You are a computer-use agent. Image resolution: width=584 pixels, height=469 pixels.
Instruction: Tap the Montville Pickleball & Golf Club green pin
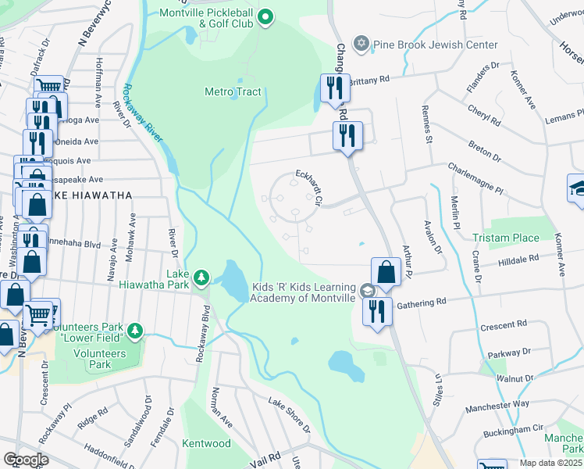pyautogui.click(x=265, y=16)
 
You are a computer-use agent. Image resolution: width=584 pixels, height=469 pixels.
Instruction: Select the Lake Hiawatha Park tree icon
pyautogui.click(x=201, y=277)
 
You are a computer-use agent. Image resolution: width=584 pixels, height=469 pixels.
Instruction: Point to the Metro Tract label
pyautogui.click(x=232, y=91)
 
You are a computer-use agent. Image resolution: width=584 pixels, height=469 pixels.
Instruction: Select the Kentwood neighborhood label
pyautogui.click(x=207, y=443)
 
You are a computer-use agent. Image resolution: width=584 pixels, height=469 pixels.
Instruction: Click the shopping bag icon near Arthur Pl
pyautogui.click(x=386, y=272)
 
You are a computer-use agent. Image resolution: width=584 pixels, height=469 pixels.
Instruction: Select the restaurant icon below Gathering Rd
pyautogui.click(x=378, y=311)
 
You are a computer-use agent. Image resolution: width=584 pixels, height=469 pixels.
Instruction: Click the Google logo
pyautogui.click(x=25, y=460)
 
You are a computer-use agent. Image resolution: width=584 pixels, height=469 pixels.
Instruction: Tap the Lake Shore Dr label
pyautogui.click(x=289, y=415)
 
